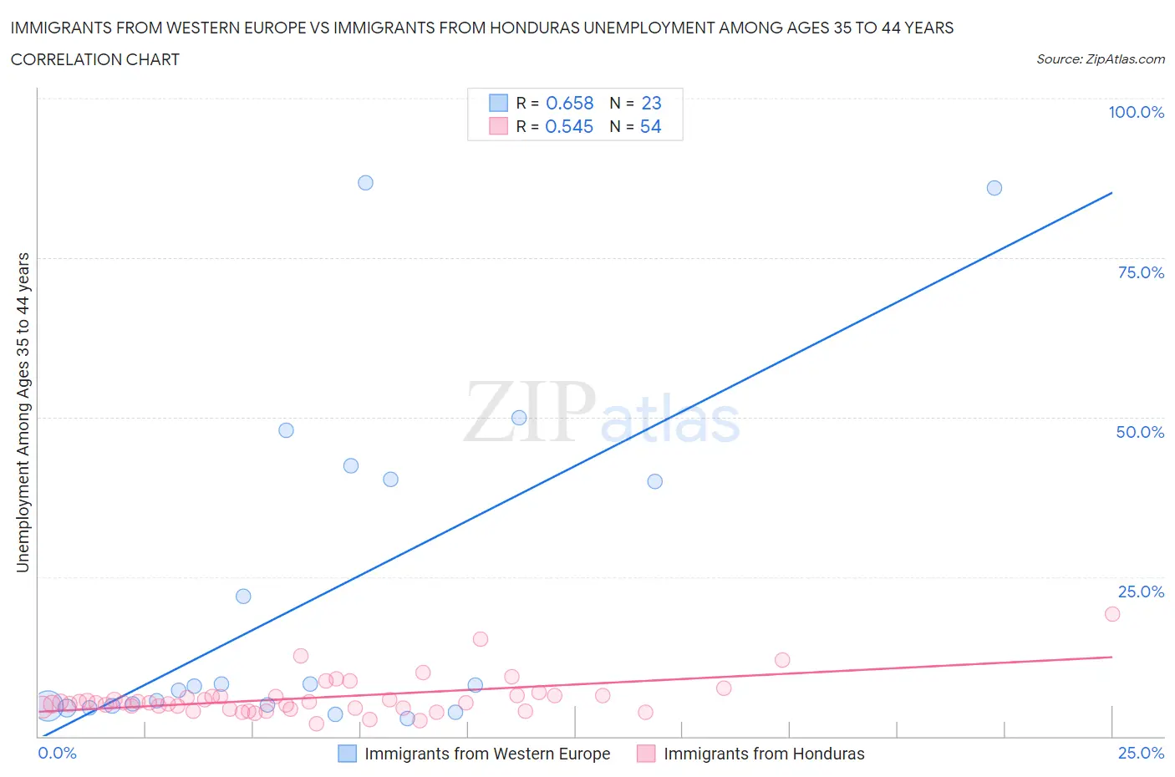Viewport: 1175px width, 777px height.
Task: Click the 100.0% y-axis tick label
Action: point(1136,112)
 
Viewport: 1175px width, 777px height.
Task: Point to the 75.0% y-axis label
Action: point(1141,272)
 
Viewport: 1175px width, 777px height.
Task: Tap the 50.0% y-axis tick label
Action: point(1140,432)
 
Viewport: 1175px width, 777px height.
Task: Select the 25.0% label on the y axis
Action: point(1141,592)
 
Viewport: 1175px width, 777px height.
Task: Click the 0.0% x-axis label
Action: point(57,753)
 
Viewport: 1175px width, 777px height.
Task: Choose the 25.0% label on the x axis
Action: point(1141,753)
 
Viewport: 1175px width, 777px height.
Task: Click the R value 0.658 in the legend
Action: point(569,103)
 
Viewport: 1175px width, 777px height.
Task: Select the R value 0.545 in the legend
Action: point(569,126)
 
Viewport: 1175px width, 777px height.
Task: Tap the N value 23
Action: point(651,103)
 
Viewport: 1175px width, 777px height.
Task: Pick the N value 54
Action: point(650,126)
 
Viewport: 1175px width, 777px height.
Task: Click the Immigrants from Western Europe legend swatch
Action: point(347,754)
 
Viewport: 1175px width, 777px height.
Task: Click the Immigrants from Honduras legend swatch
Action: point(646,754)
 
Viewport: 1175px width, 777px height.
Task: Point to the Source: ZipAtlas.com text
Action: point(1100,59)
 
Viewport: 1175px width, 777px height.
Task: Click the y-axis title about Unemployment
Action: point(23,412)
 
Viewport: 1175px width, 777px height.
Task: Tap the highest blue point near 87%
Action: point(365,183)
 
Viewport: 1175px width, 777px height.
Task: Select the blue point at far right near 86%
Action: point(994,188)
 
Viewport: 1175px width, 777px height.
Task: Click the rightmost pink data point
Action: point(1111,614)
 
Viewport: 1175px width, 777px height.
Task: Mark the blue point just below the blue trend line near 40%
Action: point(654,481)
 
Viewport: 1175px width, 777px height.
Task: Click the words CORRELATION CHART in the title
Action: point(95,59)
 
